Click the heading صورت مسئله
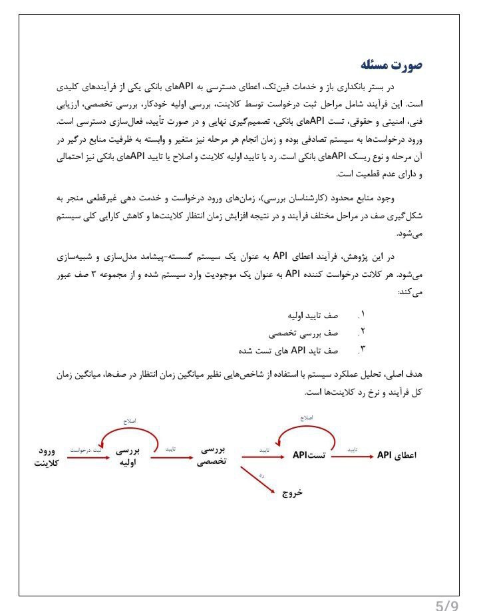coord(392,65)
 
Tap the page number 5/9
coord(447,603)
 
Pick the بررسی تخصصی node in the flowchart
coord(213,457)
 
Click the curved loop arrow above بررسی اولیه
coord(129,434)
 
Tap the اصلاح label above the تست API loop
coord(306,417)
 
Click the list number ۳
coord(363,349)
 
